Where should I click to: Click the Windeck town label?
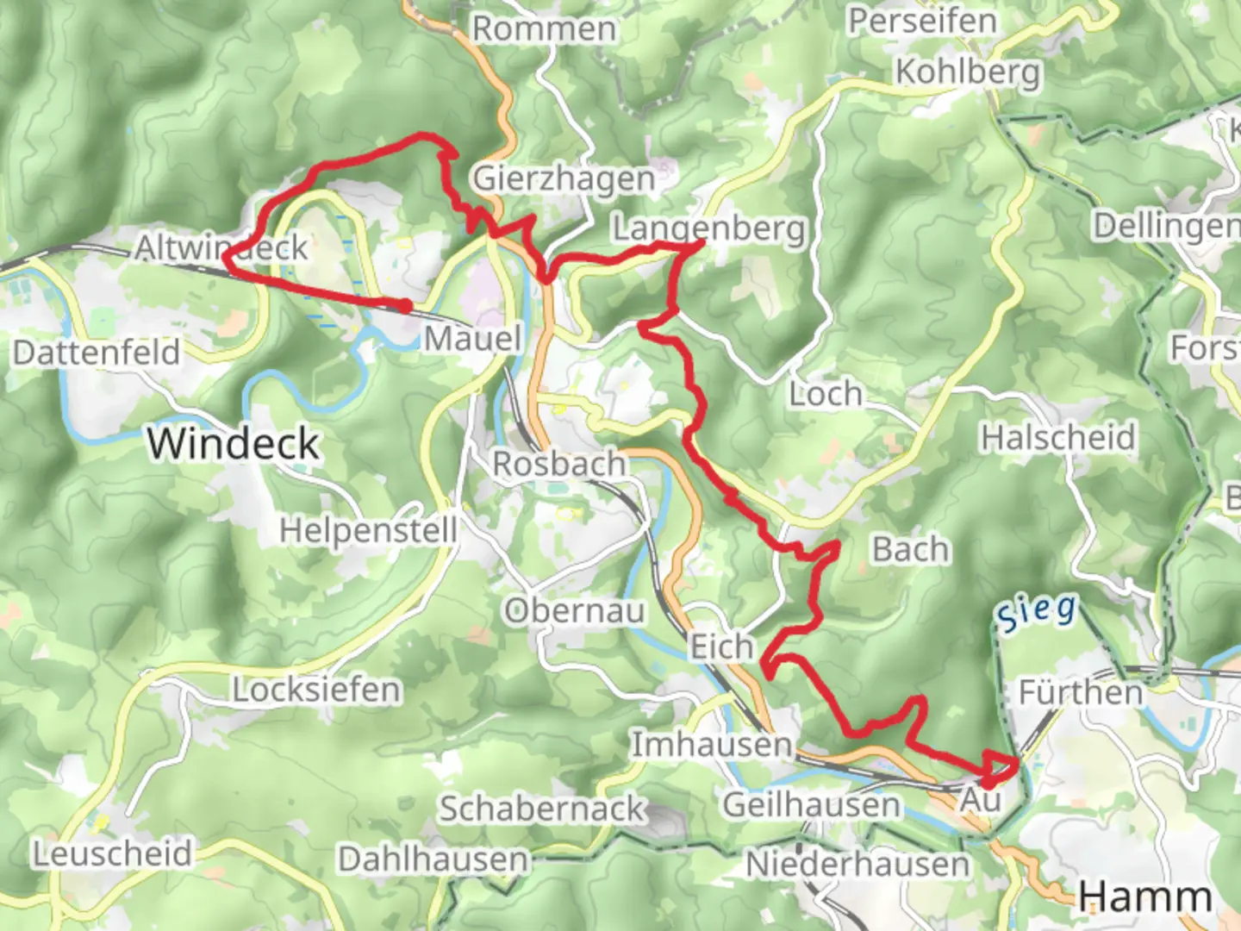[233, 443]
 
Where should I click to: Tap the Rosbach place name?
[558, 463]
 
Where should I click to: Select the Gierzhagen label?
[564, 178]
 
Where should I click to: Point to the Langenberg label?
[708, 228]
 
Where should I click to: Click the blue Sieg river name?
[1038, 612]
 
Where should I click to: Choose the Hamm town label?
[1145, 897]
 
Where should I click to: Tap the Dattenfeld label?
[97, 353]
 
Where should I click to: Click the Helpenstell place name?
[368, 529]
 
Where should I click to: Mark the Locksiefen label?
[316, 690]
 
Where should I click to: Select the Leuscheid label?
[112, 853]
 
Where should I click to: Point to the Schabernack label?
[542, 809]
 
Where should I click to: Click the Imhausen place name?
[712, 744]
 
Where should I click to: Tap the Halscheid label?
[1058, 437]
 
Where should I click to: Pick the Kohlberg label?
[968, 72]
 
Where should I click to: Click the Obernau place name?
[574, 610]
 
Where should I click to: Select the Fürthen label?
[1081, 692]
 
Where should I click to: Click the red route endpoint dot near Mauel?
[404, 305]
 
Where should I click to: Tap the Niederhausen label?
[857, 863]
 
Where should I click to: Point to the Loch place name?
[826, 394]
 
